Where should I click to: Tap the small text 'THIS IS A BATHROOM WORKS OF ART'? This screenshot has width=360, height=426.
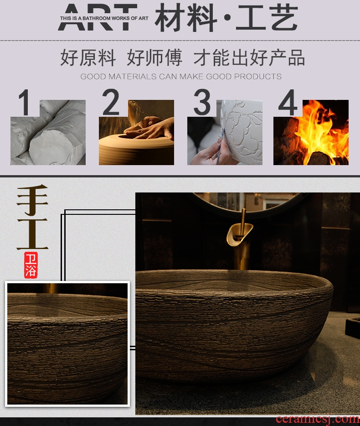click(104, 18)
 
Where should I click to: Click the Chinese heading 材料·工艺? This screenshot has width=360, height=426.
click(226, 18)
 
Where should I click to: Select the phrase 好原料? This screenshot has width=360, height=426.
click(88, 57)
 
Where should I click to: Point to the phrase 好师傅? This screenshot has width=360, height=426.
click(154, 57)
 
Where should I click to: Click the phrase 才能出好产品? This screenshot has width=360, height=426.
click(249, 57)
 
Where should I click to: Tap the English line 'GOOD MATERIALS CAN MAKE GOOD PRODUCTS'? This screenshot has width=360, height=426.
click(181, 77)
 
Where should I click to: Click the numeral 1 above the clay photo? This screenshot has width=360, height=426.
click(25, 103)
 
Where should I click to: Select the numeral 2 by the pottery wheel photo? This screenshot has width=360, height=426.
click(110, 102)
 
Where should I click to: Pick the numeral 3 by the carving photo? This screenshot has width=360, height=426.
click(202, 102)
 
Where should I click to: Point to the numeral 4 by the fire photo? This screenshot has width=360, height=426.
click(288, 103)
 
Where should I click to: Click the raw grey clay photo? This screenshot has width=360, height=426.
click(48, 132)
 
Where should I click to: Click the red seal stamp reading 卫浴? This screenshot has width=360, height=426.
click(31, 265)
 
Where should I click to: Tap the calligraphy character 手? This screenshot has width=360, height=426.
click(32, 199)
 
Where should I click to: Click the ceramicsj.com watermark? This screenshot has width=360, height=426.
click(317, 420)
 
